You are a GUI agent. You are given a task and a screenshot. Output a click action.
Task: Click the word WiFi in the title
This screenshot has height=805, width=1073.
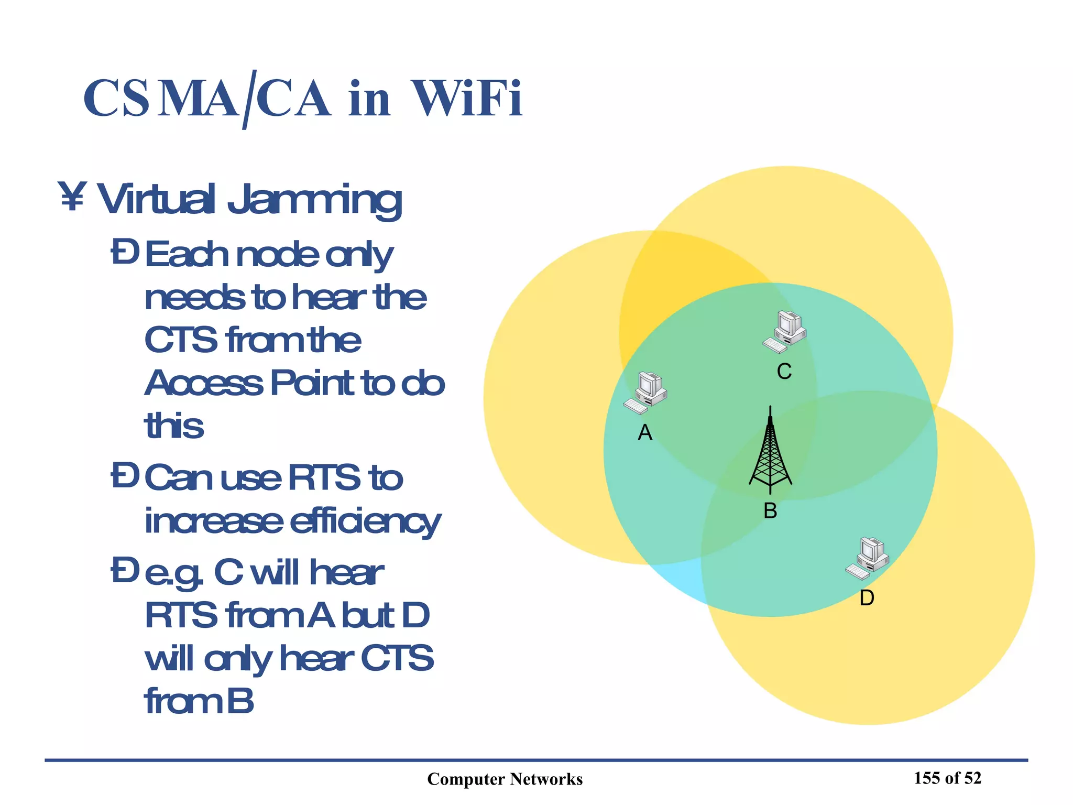467,99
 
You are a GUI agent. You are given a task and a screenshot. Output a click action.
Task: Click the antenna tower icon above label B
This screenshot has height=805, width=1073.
770,451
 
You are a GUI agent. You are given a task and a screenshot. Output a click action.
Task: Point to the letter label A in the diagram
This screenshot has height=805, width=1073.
645,433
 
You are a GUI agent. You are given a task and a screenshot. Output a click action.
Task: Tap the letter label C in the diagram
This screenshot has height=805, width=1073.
784,372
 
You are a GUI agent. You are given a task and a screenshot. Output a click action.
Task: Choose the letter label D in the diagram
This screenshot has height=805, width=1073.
867,598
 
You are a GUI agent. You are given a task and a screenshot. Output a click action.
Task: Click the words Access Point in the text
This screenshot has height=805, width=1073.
249,383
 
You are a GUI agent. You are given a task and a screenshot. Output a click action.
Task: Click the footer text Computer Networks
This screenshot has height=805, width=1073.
505,779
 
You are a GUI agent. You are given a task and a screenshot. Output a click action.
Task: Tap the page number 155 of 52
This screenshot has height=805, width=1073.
947,778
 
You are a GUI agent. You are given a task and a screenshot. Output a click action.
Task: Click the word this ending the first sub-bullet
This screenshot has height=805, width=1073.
174,426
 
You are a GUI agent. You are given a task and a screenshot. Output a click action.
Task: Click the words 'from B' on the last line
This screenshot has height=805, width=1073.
199,701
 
